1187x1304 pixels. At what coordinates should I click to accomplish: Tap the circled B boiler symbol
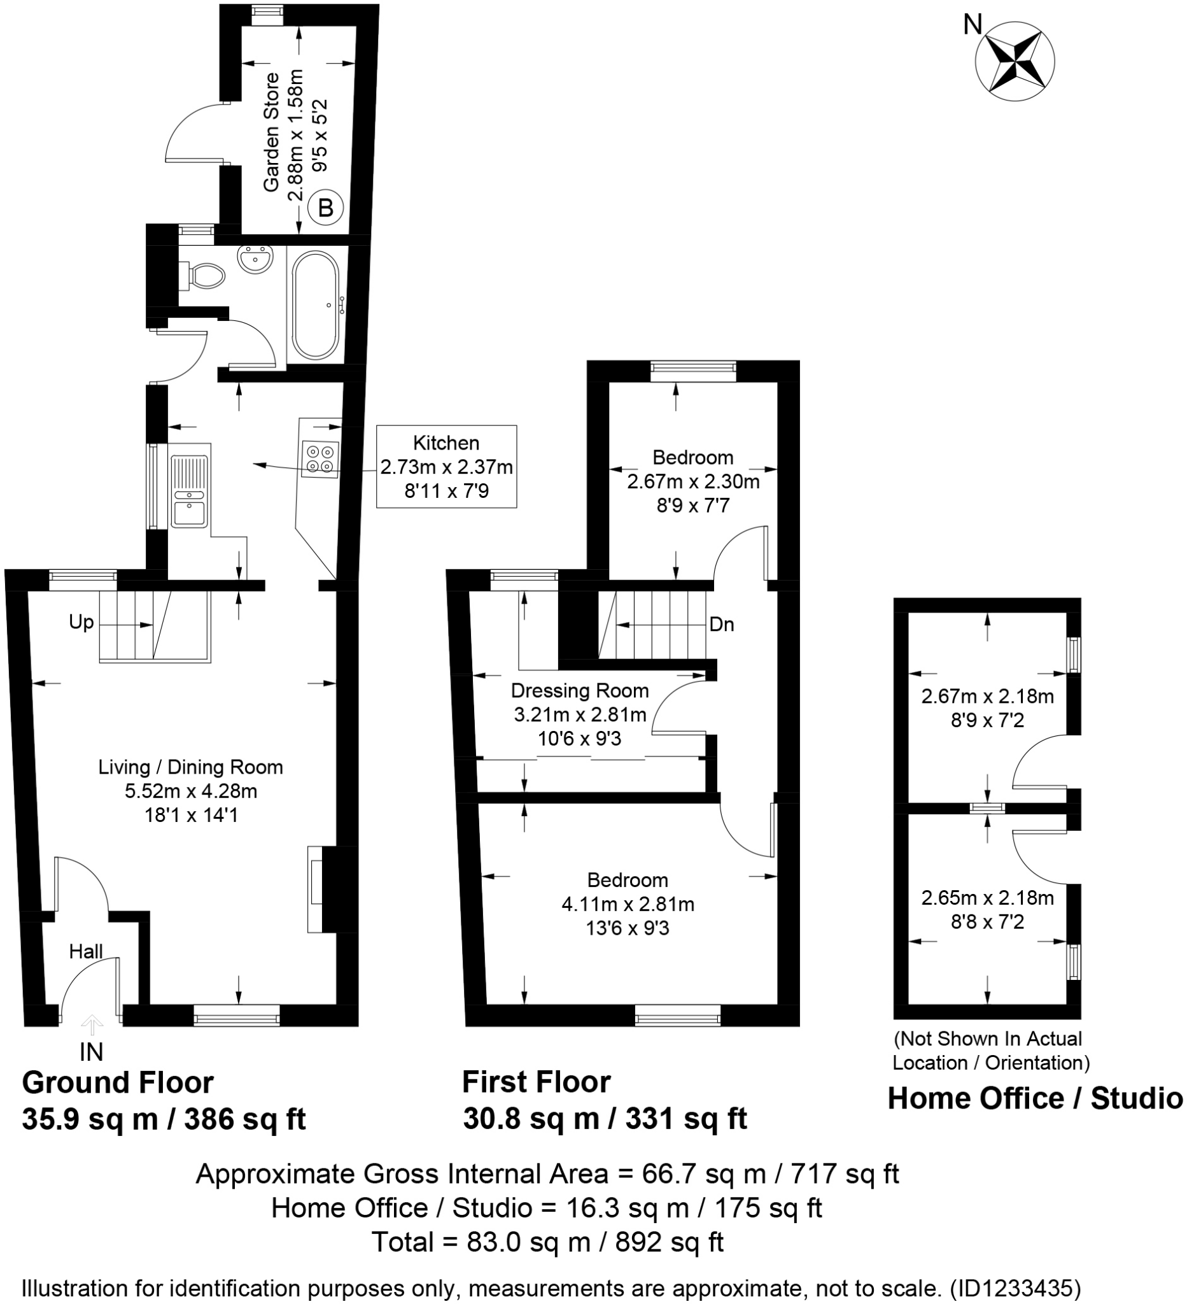[x=325, y=208]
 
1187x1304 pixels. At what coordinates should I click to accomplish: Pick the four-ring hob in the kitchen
[x=320, y=458]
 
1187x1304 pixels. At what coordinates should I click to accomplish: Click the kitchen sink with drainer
[x=190, y=490]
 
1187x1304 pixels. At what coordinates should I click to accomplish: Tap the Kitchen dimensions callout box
[x=446, y=466]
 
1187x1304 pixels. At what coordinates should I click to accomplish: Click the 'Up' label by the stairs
[x=81, y=622]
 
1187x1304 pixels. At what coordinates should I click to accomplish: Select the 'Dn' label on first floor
[x=722, y=624]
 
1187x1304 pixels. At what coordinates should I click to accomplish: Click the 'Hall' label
[x=86, y=951]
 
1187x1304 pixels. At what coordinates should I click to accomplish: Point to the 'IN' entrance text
[x=91, y=1052]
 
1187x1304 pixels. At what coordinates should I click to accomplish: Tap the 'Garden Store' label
[x=272, y=132]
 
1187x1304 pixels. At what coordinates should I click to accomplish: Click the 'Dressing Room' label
[x=579, y=691]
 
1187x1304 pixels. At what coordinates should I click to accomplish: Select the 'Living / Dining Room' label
[x=191, y=767]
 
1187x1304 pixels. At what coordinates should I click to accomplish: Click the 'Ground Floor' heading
[x=118, y=1083]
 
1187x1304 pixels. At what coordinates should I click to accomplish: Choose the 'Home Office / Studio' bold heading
[x=1034, y=1098]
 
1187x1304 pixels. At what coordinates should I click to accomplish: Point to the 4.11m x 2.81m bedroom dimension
[x=627, y=904]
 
